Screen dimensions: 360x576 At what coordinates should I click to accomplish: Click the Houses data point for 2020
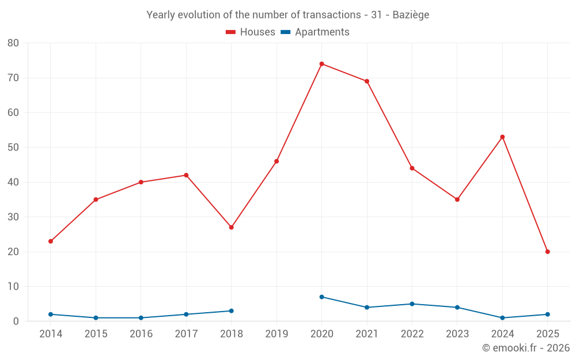click(321, 64)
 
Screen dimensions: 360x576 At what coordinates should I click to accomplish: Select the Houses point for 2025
click(547, 252)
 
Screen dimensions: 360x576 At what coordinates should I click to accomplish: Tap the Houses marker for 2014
click(51, 241)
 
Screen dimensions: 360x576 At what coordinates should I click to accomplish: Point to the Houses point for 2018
click(231, 228)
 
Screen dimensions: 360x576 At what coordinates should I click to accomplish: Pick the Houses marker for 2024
click(502, 137)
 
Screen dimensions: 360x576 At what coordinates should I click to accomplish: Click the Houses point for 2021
click(367, 81)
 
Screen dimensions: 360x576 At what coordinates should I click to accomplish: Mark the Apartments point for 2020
click(321, 297)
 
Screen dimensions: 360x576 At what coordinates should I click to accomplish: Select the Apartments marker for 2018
click(231, 311)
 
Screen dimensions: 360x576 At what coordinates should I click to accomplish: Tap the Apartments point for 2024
click(502, 318)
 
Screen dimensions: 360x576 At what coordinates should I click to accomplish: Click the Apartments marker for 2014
click(51, 314)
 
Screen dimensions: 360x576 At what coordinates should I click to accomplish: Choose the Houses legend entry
click(251, 32)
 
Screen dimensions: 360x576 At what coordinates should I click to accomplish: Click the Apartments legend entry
click(315, 32)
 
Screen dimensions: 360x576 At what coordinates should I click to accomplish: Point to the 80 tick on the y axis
click(13, 43)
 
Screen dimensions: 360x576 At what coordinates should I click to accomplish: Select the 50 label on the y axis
click(13, 147)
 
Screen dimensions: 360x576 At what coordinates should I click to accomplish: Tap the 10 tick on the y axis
click(13, 287)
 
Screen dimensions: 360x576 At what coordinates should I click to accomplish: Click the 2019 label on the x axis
click(276, 334)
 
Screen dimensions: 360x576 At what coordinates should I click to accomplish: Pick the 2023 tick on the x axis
click(457, 334)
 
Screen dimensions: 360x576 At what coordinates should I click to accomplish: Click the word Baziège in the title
click(411, 15)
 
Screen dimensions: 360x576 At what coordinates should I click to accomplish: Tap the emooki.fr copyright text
click(526, 348)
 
